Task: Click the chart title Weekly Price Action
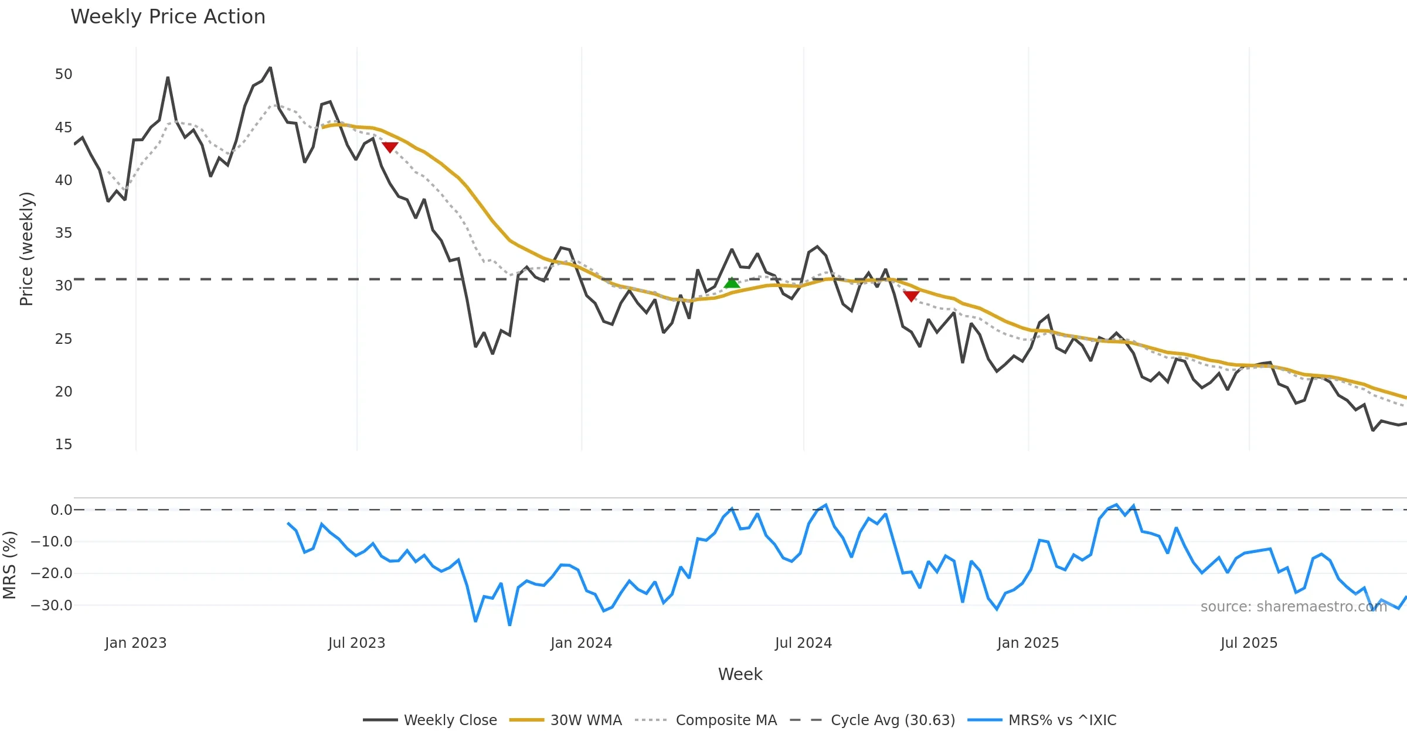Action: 168,17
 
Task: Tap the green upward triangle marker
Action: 732,283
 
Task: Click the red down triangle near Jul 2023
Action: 390,147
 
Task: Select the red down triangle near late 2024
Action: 911,296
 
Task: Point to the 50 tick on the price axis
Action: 63,74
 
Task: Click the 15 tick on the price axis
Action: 63,445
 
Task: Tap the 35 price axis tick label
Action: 63,233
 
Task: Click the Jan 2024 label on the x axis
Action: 581,643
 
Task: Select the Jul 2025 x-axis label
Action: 1249,643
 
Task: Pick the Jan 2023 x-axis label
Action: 135,643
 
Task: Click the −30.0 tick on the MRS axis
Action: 52,606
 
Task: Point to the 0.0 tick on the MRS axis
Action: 61,510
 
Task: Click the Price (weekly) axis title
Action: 27,249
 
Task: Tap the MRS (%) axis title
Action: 9,565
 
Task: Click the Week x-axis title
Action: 740,675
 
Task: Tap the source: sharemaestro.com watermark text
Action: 1293,607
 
